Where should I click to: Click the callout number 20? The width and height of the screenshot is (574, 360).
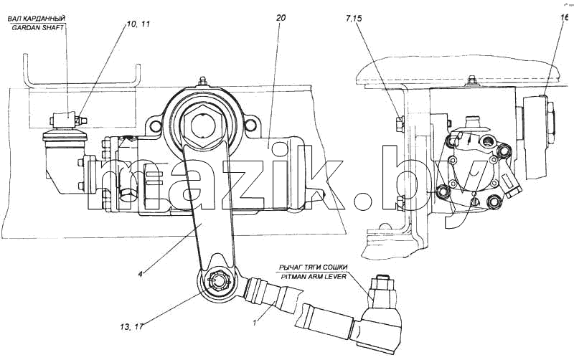pos(281,17)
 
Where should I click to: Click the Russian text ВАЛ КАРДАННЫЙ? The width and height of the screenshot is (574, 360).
pos(36,19)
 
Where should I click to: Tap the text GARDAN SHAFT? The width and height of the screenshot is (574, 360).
pos(38,27)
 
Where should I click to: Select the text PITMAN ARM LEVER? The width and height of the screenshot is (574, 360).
pos(314,276)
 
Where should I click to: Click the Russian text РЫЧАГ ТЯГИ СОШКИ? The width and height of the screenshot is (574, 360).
pos(313,267)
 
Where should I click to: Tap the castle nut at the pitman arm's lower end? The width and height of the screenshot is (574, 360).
pos(218,284)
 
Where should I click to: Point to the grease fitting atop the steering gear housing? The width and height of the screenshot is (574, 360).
pos(202,82)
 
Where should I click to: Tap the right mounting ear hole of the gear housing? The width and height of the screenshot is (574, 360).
pos(250,125)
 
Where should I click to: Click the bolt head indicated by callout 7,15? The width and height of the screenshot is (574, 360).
pos(400,123)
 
